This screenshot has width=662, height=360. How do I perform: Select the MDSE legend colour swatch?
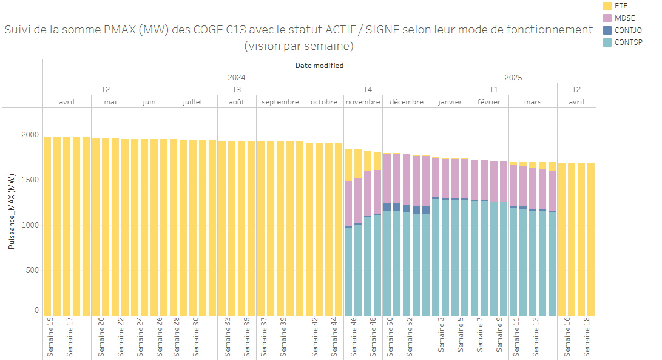click(607, 18)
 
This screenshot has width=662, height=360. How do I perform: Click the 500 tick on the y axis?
click(32, 270)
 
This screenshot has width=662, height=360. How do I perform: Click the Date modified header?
click(319, 65)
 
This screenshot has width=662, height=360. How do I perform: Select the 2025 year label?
click(513, 77)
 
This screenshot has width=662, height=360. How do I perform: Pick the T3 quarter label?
click(237, 89)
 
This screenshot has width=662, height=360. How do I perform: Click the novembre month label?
click(363, 102)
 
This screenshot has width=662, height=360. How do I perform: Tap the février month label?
click(489, 102)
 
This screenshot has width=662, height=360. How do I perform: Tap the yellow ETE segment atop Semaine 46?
click(348, 165)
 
